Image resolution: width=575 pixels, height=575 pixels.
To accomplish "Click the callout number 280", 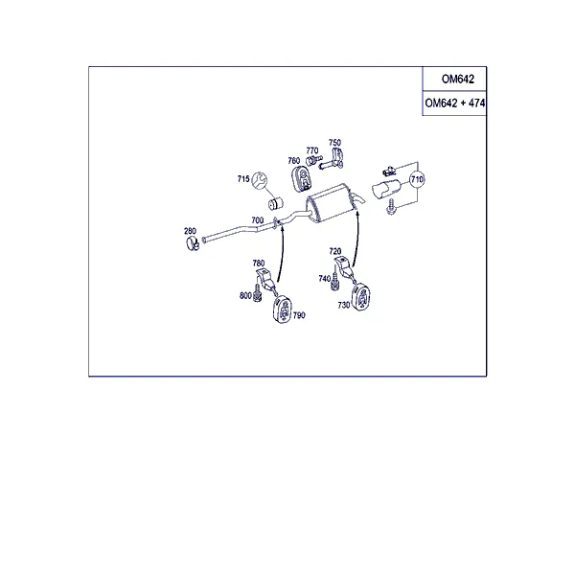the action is (x=190, y=231).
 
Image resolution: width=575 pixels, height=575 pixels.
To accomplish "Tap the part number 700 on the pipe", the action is (x=258, y=220).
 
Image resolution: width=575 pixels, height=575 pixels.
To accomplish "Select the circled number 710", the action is (x=417, y=179).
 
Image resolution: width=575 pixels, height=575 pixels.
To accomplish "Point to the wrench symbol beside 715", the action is (x=260, y=180).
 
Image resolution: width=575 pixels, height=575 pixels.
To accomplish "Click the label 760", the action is (x=294, y=161).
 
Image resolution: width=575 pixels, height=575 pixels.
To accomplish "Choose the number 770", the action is (x=312, y=150).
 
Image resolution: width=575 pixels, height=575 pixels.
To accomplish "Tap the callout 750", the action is (x=334, y=142).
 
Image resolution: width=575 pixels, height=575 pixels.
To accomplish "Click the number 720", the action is (x=335, y=251).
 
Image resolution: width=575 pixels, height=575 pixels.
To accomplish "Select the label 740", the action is (x=325, y=279).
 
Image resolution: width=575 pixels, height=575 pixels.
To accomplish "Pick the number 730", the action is (x=344, y=305).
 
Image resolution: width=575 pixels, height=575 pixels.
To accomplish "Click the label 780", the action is (x=259, y=264).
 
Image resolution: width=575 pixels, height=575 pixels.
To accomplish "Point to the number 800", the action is (x=245, y=295).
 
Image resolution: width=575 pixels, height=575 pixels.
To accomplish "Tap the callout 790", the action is (x=299, y=315).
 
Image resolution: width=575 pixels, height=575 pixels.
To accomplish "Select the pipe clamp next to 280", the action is (x=193, y=243).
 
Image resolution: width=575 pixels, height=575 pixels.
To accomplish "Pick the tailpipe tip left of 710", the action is (x=386, y=189).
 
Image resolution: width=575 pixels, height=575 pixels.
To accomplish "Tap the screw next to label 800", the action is (x=258, y=293).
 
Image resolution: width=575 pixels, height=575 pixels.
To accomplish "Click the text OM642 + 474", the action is (x=454, y=103).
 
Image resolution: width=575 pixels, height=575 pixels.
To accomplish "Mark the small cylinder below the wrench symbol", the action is (x=275, y=203).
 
